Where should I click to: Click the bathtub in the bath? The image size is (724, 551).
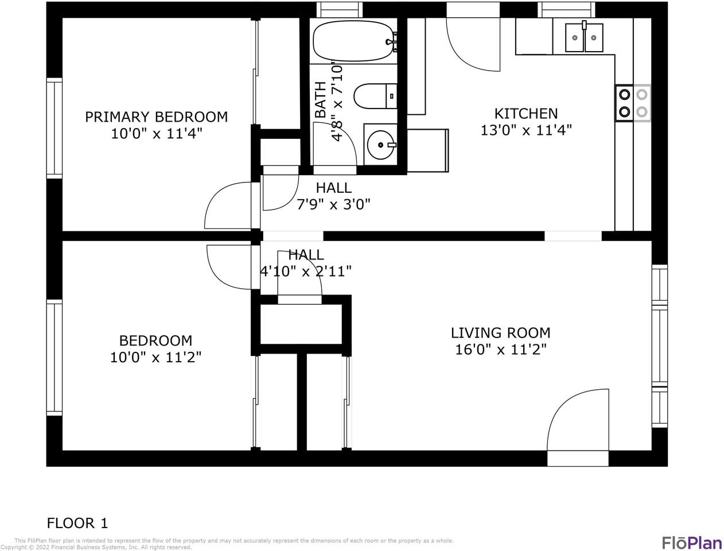(355, 41)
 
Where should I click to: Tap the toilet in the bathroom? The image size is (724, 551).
(375, 96)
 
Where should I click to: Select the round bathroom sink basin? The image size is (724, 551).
(380, 145)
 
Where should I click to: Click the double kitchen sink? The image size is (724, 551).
(584, 37)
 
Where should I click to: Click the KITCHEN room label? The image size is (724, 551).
(526, 114)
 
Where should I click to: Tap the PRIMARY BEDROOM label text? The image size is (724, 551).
(157, 117)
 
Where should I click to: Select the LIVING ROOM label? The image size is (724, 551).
(501, 333)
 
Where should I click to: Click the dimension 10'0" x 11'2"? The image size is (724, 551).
(155, 358)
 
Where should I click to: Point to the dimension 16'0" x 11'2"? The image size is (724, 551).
(501, 350)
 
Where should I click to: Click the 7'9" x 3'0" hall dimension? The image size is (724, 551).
(333, 204)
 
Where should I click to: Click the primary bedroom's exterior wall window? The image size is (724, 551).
(55, 128)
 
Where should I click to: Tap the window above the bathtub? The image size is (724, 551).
(340, 10)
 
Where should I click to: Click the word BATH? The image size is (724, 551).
(320, 100)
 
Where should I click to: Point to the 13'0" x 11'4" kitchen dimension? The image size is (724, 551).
(526, 130)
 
